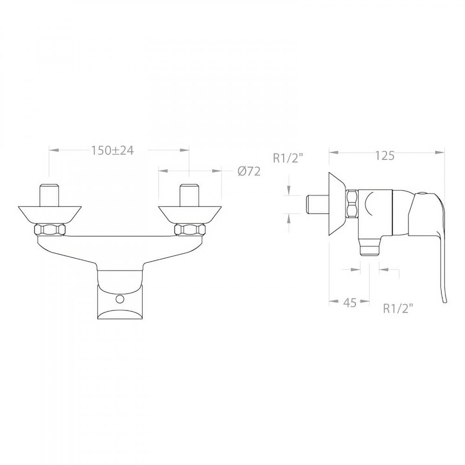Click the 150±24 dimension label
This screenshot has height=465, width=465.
tap(112, 151)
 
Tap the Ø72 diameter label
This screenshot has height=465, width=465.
tap(249, 172)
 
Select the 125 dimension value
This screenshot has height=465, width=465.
tap(385, 155)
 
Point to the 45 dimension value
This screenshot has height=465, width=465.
tap(350, 303)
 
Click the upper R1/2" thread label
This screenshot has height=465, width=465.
tap(288, 159)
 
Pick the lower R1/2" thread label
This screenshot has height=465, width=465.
tap(398, 309)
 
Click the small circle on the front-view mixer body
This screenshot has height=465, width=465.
tap(120, 299)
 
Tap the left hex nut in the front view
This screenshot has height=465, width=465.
tap(50, 230)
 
